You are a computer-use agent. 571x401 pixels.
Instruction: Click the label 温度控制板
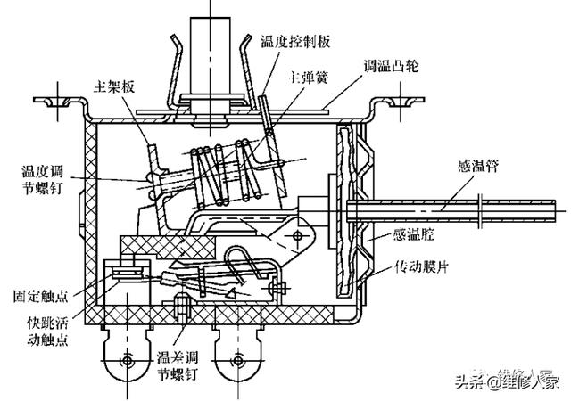pyautogui.click(x=295, y=42)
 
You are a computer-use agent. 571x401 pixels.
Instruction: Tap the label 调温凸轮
pyautogui.click(x=391, y=66)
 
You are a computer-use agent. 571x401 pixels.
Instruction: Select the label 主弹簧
pyautogui.click(x=309, y=78)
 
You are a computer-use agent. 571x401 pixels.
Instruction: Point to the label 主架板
pyautogui.click(x=114, y=86)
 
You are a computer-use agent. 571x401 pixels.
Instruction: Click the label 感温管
pyautogui.click(x=478, y=166)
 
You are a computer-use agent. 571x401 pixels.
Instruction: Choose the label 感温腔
pyautogui.click(x=414, y=233)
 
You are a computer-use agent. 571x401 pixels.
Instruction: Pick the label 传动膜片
pyautogui.click(x=421, y=266)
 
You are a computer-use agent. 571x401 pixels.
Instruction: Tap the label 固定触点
pyautogui.click(x=40, y=296)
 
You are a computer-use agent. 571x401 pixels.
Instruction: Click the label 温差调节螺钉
pyautogui.click(x=178, y=365)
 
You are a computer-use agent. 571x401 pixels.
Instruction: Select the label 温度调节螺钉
pyautogui.click(x=42, y=180)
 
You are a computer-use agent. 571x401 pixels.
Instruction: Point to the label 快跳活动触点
pyautogui.click(x=47, y=331)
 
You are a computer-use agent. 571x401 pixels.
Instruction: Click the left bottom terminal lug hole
pyautogui.click(x=127, y=361)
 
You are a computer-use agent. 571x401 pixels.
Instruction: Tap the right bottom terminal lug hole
pyautogui.click(x=238, y=361)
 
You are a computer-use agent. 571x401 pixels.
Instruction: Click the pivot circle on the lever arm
pyautogui.click(x=298, y=236)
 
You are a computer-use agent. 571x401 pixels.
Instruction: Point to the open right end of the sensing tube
pyautogui.click(x=555, y=210)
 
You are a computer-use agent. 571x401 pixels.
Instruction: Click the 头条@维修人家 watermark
pyautogui.click(x=508, y=380)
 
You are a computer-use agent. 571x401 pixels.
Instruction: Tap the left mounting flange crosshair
pyautogui.click(x=58, y=101)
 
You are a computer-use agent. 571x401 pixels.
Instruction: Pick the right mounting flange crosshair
pyautogui.click(x=400, y=101)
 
